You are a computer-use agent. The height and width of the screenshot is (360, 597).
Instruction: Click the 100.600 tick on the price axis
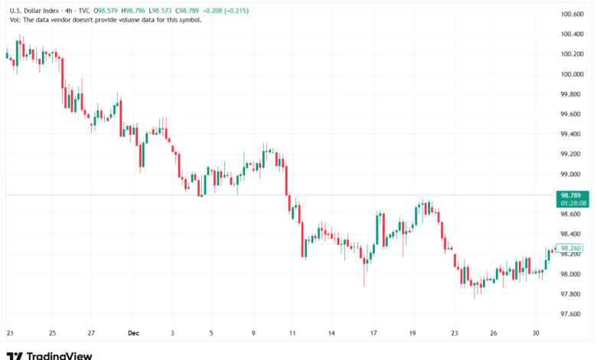click(573, 15)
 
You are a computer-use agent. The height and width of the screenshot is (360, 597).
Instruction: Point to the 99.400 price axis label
click(573, 134)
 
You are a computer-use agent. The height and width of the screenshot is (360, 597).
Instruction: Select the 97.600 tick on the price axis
click(573, 314)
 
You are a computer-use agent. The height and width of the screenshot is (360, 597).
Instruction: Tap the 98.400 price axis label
click(573, 234)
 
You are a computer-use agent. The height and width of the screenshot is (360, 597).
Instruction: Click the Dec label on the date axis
click(133, 333)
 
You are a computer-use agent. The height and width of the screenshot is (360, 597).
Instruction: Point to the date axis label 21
click(10, 333)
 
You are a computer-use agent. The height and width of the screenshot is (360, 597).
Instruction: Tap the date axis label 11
click(292, 333)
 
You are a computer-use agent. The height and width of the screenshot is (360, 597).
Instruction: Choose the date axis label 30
click(537, 333)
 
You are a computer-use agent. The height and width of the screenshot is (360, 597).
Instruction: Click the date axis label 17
click(374, 333)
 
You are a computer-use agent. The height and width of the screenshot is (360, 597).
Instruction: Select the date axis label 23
click(455, 333)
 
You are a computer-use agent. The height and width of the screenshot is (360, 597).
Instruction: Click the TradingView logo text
click(59, 355)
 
